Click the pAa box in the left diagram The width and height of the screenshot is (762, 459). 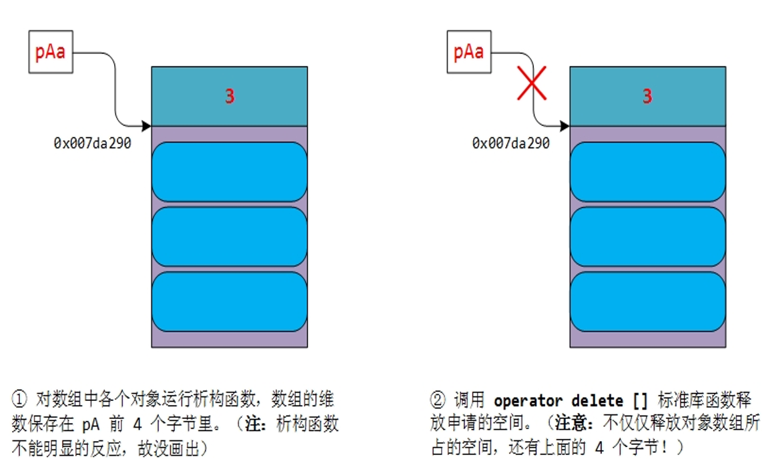50,51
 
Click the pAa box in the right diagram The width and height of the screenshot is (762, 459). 468,51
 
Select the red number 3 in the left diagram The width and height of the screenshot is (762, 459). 230,97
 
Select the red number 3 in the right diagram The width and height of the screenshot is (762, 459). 647,97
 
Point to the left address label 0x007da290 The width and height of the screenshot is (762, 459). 93,143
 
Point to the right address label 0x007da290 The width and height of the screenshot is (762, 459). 510,143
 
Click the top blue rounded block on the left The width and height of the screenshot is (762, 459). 230,172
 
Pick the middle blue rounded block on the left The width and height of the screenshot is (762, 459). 230,237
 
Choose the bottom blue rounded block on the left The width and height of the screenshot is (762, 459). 230,302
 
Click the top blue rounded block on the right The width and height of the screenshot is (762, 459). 647,172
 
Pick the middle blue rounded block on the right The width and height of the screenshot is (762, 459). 647,237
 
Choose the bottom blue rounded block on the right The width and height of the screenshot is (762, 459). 647,302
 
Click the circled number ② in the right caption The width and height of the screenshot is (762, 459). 437,400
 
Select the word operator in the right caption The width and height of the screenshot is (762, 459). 527,401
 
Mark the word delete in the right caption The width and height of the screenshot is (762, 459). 597,401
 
